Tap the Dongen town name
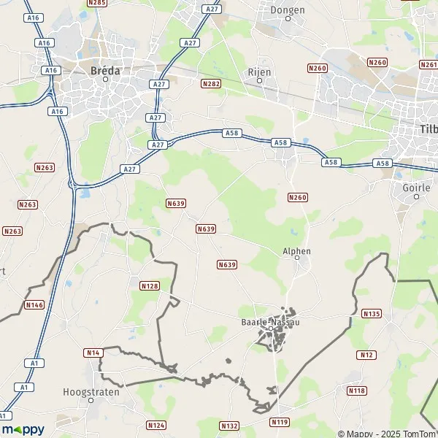288,10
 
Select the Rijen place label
259,72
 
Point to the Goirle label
417,187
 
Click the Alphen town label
296,251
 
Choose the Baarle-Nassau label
270,321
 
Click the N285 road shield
96,3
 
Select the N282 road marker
210,84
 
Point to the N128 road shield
149,285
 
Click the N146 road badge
34,304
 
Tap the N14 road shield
92,353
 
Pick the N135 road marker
371,313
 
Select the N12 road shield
366,354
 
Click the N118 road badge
356,391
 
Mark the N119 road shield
280,422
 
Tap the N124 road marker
156,425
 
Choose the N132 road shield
228,425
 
